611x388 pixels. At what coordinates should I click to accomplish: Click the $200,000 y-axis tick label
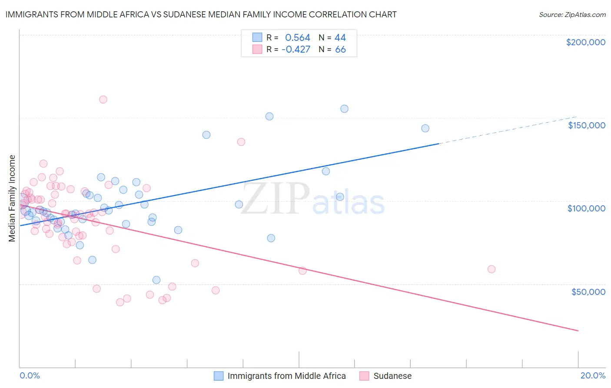click(585, 42)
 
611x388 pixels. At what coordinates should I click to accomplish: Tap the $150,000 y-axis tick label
click(586, 125)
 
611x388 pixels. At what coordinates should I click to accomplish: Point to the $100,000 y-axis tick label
click(586, 208)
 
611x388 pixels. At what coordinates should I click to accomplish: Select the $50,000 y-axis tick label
click(588, 291)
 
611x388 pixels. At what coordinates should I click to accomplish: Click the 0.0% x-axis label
click(30, 375)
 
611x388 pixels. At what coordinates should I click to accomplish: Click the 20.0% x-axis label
click(593, 375)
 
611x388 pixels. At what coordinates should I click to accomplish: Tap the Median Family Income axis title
click(12, 198)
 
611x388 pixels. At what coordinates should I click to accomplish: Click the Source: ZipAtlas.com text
click(572, 15)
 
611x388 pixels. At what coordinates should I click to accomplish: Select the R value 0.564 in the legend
click(298, 38)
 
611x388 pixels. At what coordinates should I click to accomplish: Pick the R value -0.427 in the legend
click(296, 50)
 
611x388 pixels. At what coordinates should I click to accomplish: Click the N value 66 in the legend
click(340, 50)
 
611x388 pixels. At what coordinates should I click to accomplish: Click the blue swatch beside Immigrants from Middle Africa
click(219, 376)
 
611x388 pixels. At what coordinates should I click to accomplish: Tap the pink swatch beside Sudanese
click(364, 376)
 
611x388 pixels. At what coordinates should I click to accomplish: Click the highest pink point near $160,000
click(103, 100)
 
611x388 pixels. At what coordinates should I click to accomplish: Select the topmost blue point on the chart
click(344, 109)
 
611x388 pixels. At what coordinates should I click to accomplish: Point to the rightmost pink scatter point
click(491, 269)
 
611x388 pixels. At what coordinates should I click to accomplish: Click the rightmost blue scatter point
click(425, 128)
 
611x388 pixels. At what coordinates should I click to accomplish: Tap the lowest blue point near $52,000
click(156, 280)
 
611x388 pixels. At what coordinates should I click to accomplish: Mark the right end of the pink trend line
click(578, 331)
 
